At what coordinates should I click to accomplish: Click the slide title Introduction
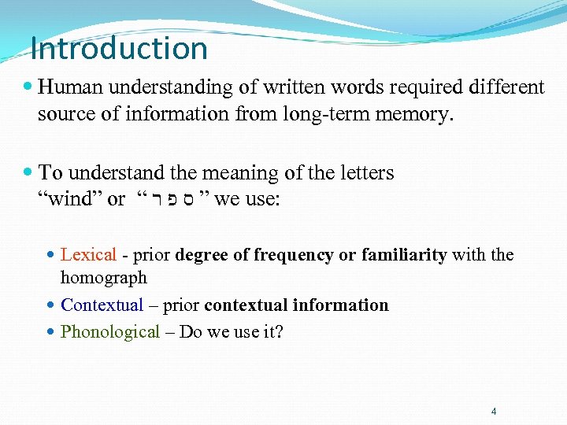pos(119,49)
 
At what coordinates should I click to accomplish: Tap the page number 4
pos(494,411)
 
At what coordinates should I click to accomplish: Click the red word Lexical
pos(89,255)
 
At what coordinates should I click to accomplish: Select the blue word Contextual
pos(102,305)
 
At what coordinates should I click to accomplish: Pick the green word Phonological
pos(110,331)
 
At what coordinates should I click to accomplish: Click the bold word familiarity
pos(404,255)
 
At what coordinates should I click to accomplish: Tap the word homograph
pos(104,278)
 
